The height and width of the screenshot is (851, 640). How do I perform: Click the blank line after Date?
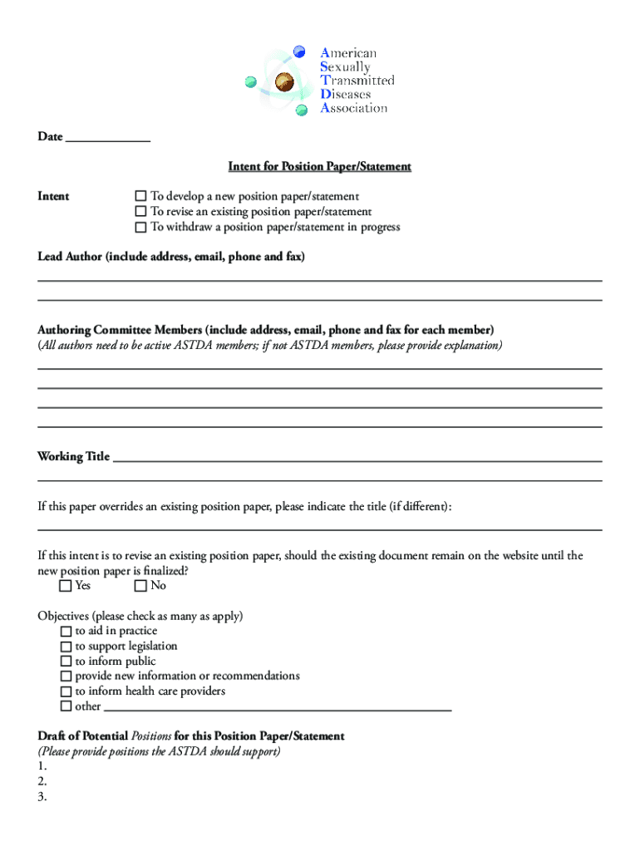107,138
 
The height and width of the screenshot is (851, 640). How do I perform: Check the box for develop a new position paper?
140,197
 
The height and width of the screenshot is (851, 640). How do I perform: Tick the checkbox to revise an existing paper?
140,212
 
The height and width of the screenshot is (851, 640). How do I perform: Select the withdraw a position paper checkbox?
140,227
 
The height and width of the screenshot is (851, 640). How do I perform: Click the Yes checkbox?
66,586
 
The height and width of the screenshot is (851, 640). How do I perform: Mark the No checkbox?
140,586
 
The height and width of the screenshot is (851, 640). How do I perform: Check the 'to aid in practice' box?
66,632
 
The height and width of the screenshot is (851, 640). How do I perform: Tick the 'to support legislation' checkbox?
66,647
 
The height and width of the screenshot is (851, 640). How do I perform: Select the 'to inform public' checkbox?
66,662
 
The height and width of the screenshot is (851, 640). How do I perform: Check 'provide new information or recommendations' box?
66,676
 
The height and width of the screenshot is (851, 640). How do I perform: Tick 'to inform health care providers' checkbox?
66,691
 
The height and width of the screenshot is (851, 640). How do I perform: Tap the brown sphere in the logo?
286,81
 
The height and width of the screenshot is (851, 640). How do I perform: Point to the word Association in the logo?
354,108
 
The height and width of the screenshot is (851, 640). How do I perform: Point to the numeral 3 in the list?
42,796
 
